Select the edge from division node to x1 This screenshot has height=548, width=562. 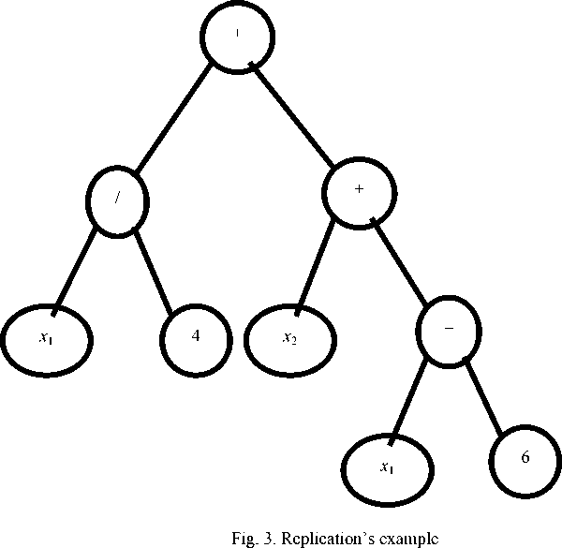pyautogui.click(x=79, y=266)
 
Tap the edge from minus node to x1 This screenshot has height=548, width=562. pyautogui.click(x=413, y=399)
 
